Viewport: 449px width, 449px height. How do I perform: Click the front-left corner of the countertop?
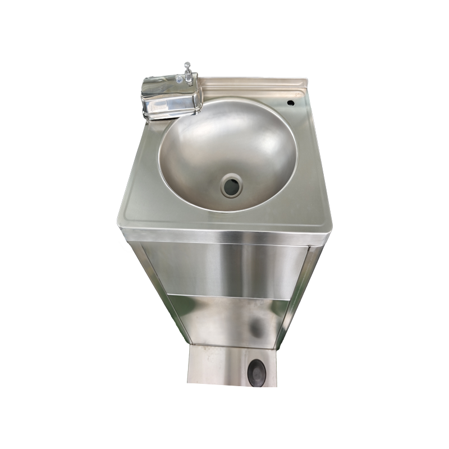pos(118,222)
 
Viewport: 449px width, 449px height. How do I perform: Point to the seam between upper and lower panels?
pos(224,296)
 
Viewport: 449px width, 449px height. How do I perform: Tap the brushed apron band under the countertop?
pos(224,235)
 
